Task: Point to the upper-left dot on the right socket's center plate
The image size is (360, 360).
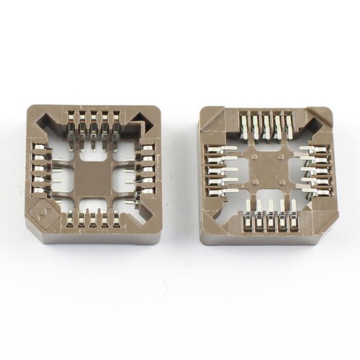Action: coord(255,156)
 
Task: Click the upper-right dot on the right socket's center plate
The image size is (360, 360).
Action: coord(281,157)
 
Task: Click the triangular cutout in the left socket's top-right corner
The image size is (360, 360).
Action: coord(140,117)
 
